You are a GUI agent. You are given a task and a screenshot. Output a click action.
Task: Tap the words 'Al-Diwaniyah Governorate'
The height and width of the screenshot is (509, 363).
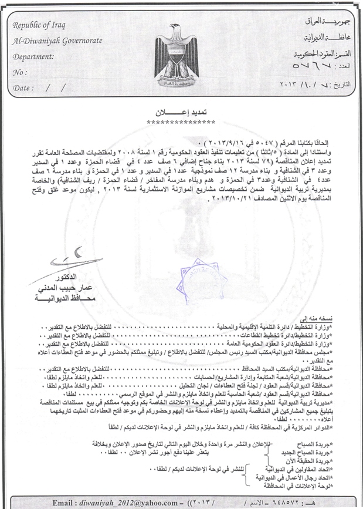point(57,41)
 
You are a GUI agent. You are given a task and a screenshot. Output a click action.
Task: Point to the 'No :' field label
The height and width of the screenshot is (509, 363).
point(20,72)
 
